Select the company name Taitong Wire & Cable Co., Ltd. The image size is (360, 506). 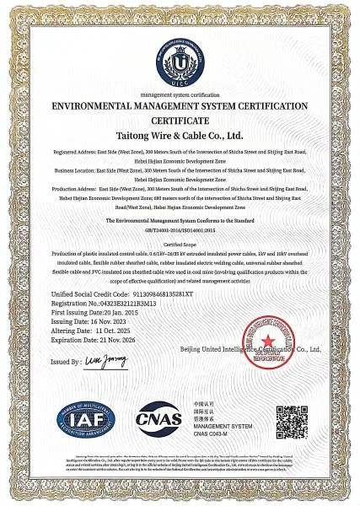(179, 135)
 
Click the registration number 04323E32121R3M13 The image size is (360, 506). (122, 303)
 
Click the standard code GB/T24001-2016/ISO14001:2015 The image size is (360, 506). (180, 229)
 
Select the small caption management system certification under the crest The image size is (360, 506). (180, 97)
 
